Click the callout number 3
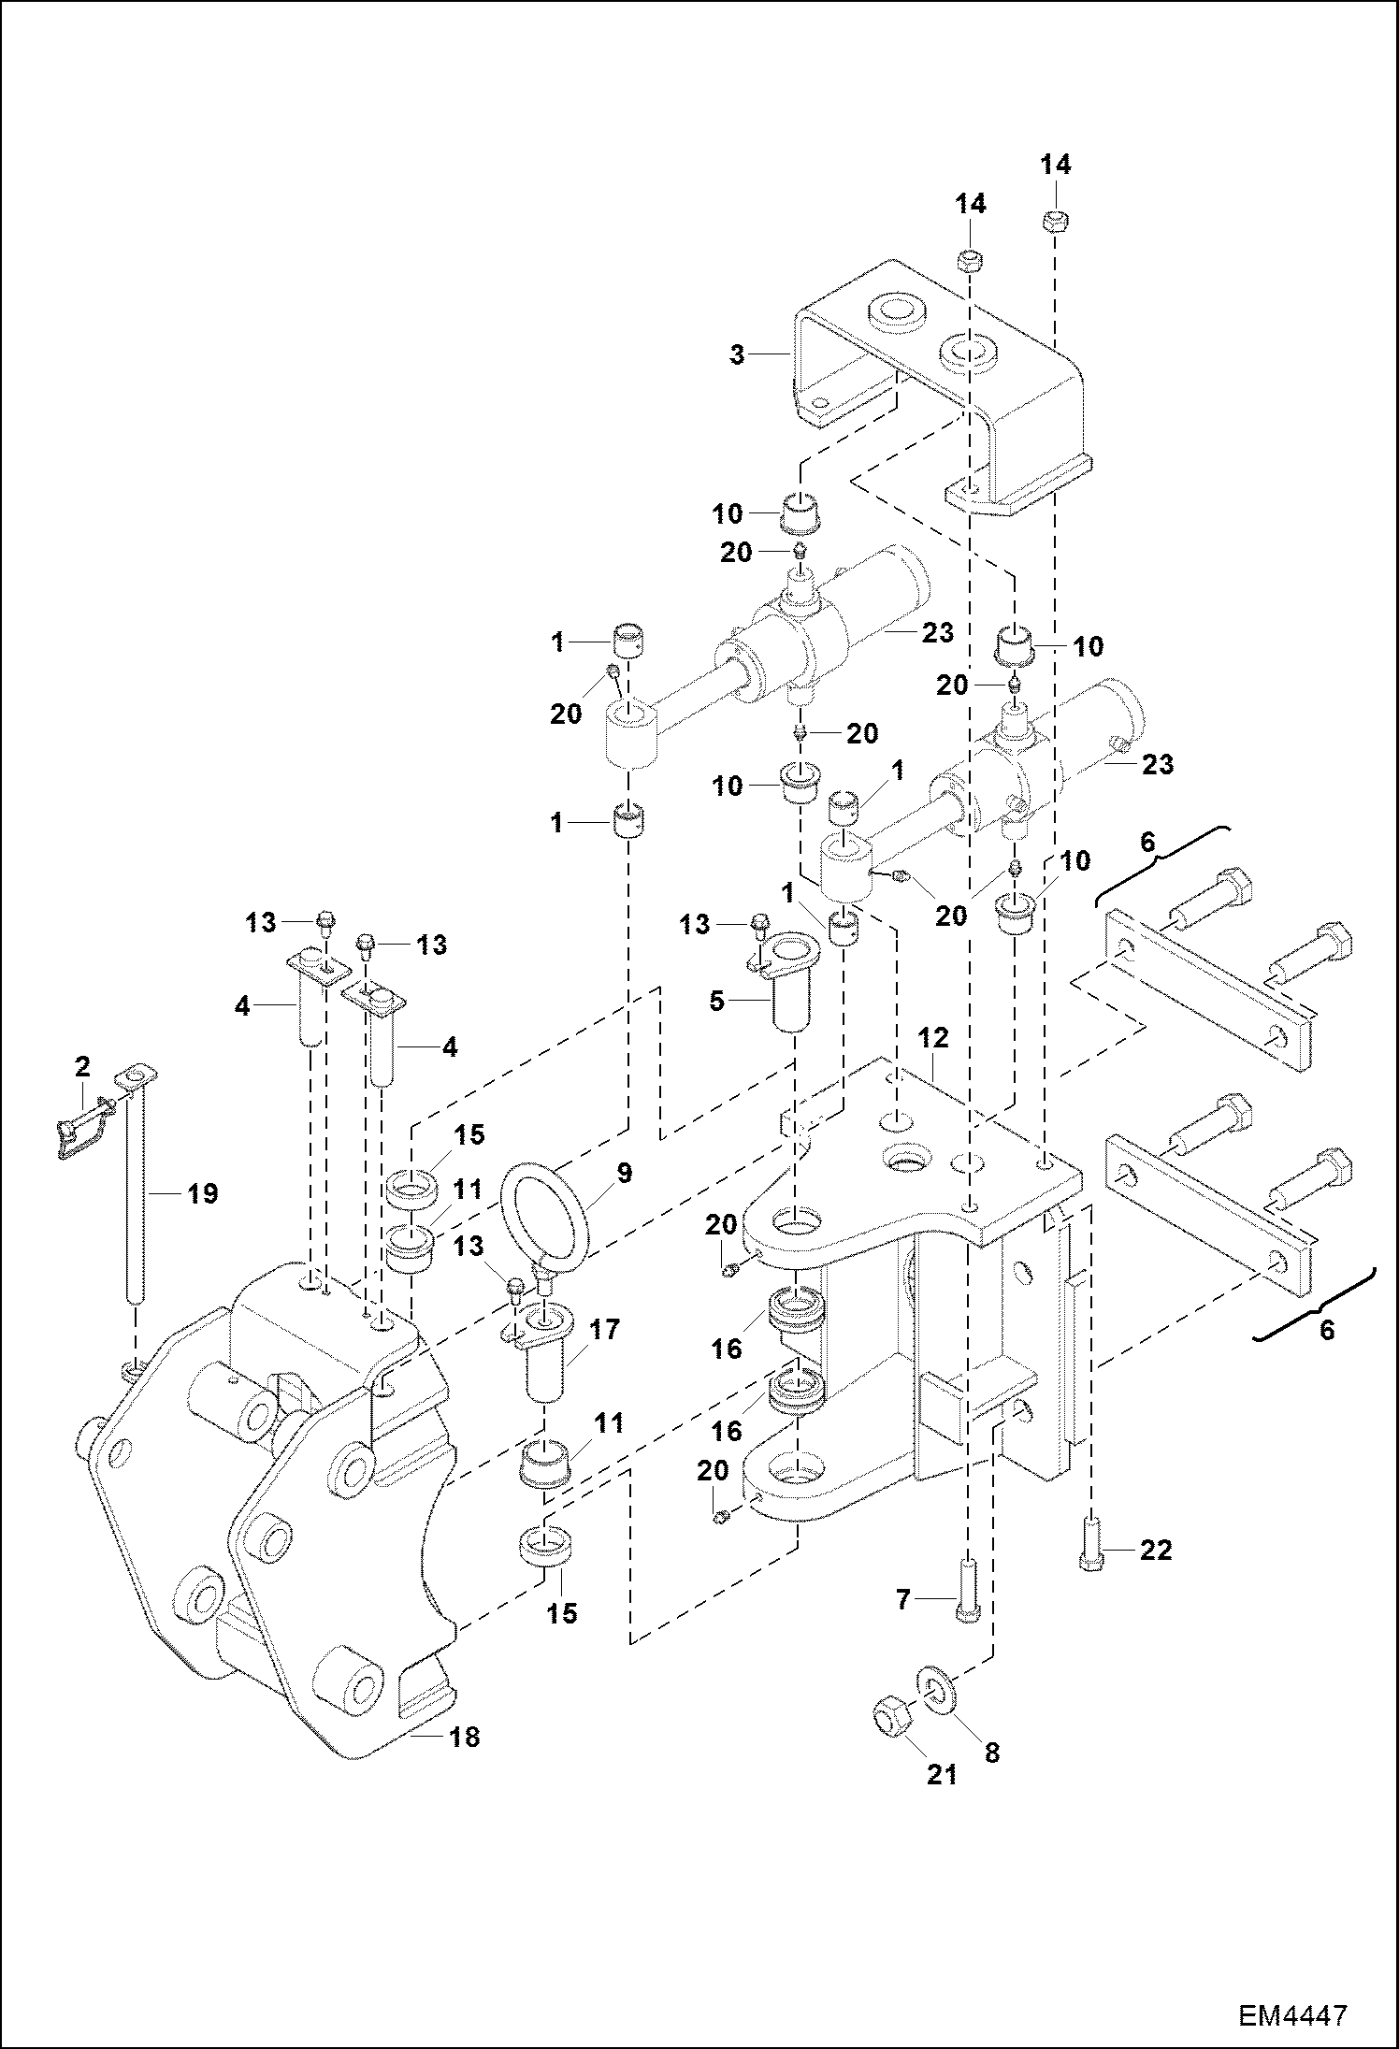[738, 355]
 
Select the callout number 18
[464, 1737]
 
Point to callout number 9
[625, 1173]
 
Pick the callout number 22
[1157, 1551]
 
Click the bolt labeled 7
[967, 1592]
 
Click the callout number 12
[933, 1037]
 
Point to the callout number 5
[717, 1002]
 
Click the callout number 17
[604, 1329]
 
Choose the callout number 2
[82, 1065]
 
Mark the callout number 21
[942, 1773]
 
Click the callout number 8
[992, 1753]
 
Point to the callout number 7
[903, 1601]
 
